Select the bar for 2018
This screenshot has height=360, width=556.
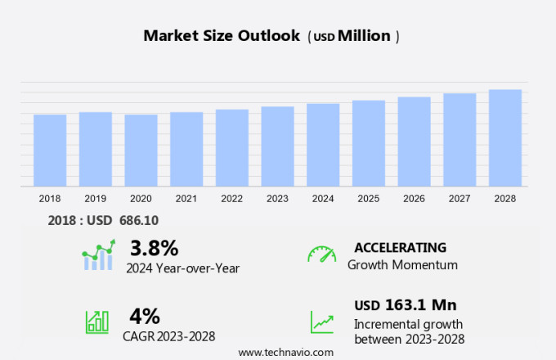50,151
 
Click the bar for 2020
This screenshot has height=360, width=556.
141,151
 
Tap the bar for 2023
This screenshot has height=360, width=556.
278,146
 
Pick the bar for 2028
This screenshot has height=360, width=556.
505,138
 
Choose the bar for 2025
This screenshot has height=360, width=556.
369,143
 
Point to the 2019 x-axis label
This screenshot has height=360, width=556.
95,198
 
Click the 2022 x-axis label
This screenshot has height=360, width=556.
231,198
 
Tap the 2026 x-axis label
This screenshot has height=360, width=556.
414,198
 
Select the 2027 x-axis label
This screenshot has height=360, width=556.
460,198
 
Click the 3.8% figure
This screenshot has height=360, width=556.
154,247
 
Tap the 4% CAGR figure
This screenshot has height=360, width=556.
145,316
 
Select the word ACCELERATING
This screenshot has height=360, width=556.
400,247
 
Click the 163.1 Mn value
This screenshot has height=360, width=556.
420,305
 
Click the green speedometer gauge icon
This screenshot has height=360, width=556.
321,254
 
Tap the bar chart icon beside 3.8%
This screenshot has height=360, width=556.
99,255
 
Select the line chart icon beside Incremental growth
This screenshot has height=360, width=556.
321,322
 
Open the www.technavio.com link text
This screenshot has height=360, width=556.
286,352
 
